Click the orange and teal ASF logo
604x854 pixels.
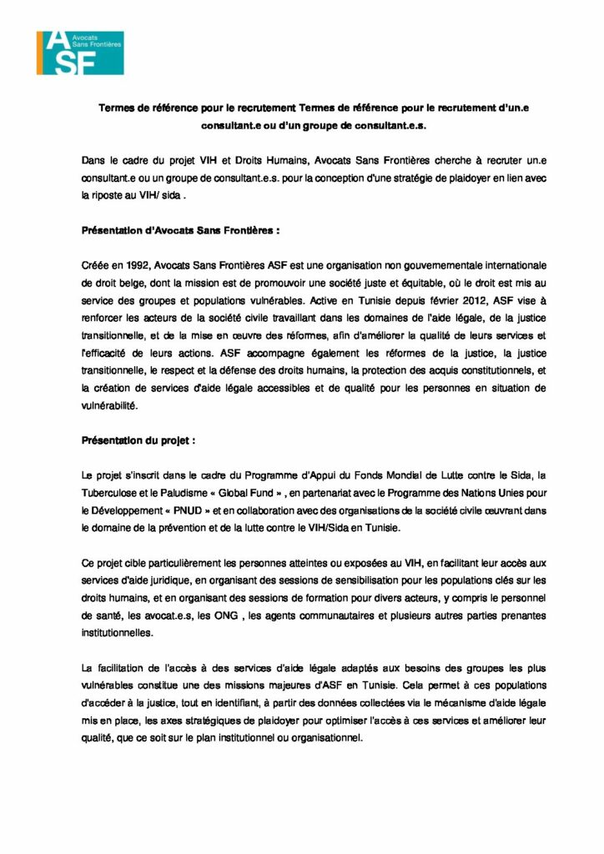click(79, 51)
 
